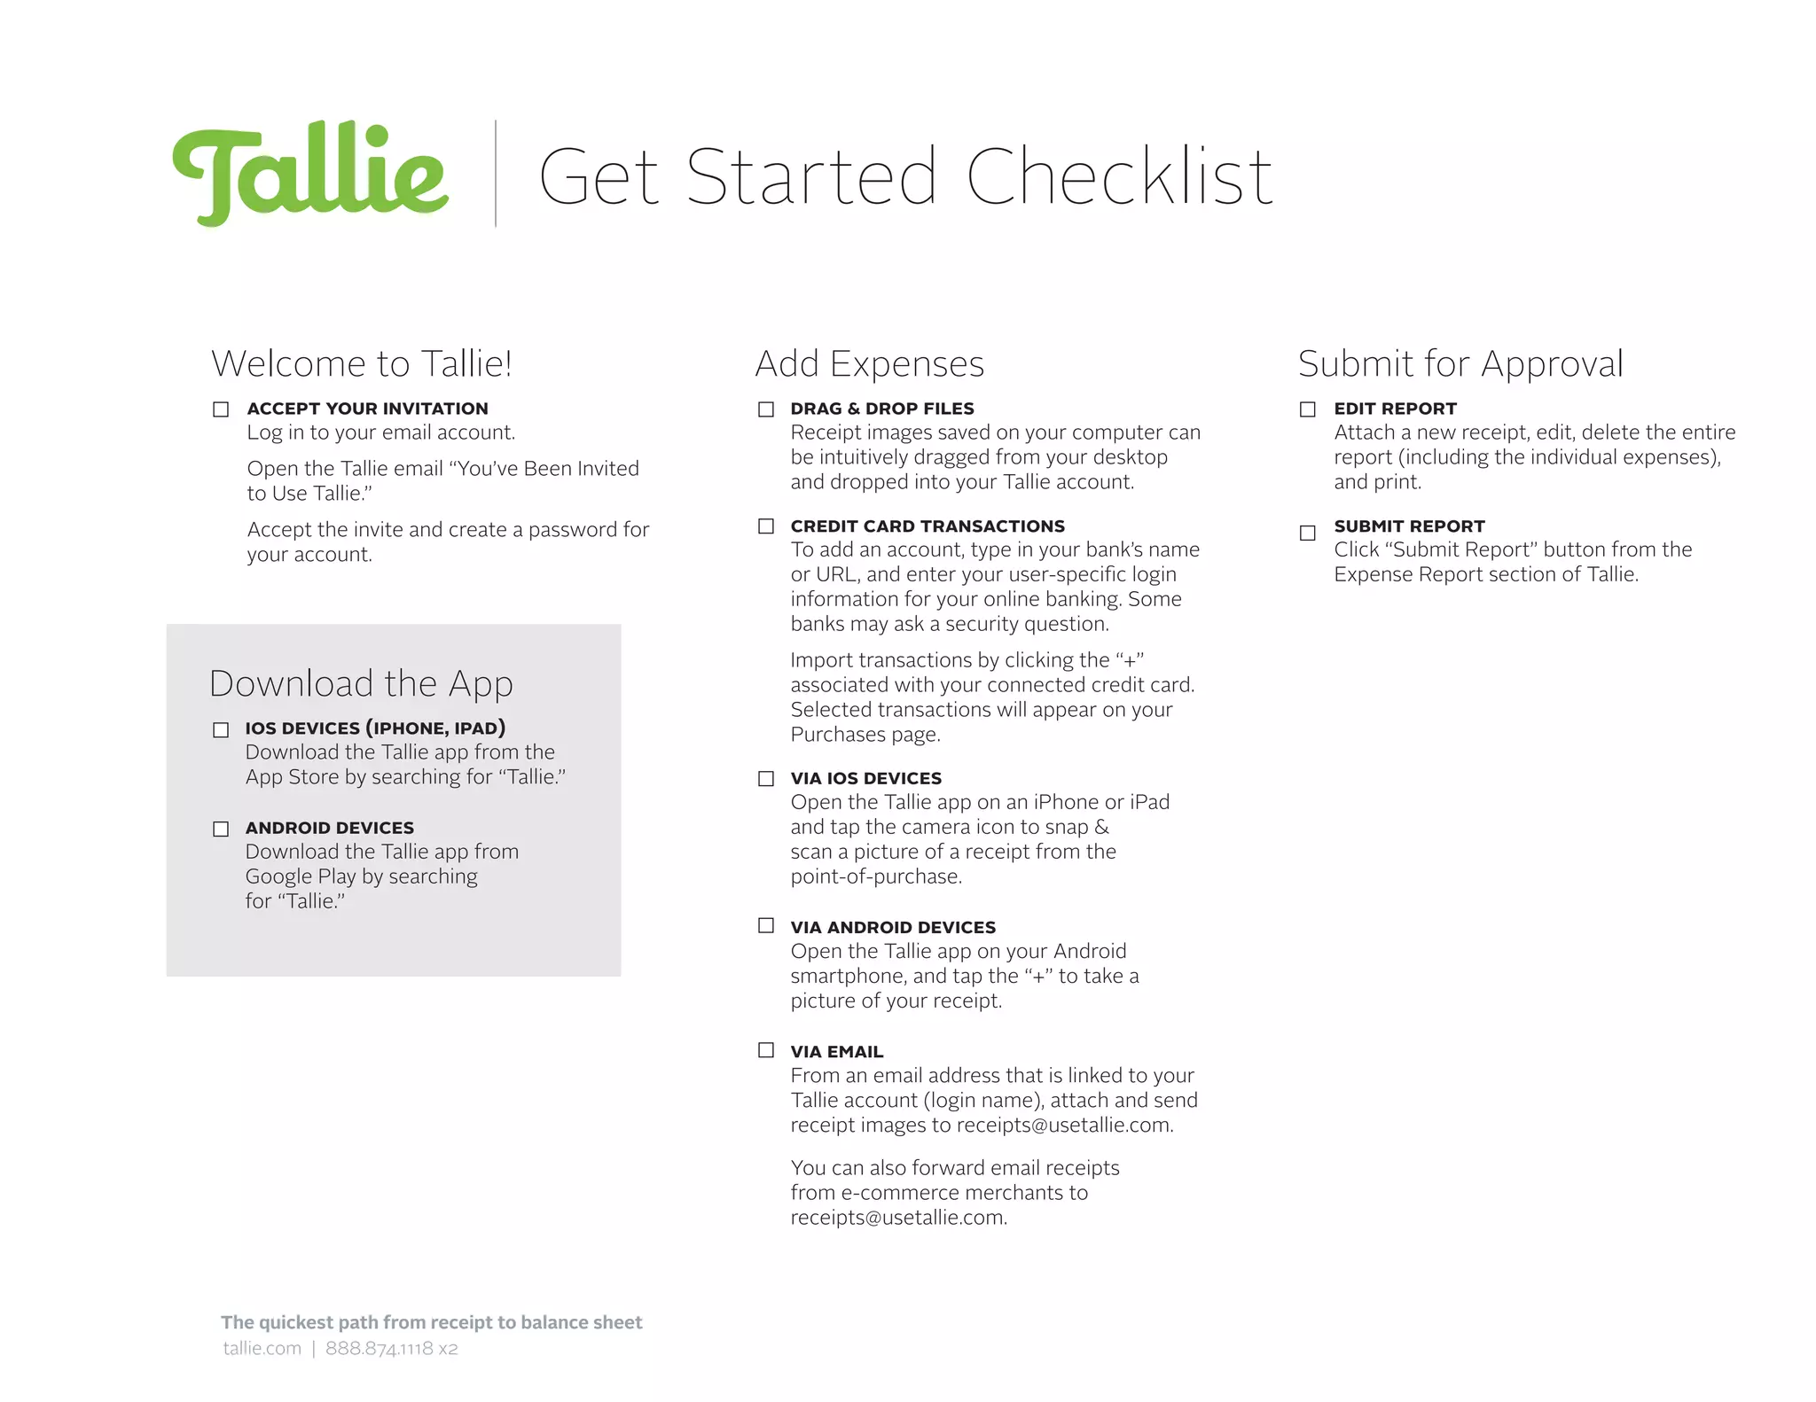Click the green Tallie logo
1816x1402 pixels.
point(310,174)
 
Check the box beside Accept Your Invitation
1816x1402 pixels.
point(221,409)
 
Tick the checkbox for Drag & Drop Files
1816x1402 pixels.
point(766,409)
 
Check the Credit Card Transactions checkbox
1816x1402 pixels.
point(766,526)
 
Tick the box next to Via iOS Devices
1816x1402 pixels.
point(766,779)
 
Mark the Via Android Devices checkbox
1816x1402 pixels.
point(766,926)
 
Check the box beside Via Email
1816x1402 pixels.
point(766,1050)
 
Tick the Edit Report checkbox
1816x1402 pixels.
point(1308,409)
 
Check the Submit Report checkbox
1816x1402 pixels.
point(1308,533)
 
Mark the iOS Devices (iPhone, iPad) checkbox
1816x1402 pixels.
point(221,730)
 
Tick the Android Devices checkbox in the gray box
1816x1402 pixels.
point(221,830)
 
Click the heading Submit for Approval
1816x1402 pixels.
point(1460,364)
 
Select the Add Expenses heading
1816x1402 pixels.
point(869,364)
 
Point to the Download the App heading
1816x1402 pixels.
point(361,684)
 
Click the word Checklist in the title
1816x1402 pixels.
point(1119,177)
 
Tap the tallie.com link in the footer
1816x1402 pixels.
point(262,1349)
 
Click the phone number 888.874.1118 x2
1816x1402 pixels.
point(391,1349)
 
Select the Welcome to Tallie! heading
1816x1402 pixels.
point(361,364)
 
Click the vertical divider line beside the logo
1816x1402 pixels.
point(495,174)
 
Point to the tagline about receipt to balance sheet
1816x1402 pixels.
point(431,1322)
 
